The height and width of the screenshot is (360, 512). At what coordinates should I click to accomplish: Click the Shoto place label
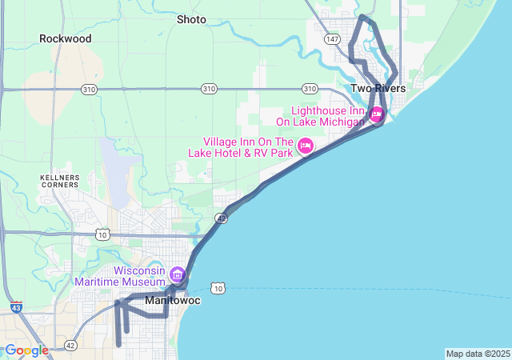click(191, 19)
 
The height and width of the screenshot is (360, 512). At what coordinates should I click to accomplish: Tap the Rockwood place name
click(66, 38)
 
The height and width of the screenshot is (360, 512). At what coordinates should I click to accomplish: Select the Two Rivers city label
click(378, 88)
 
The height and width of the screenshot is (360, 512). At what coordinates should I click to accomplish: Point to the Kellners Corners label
click(58, 180)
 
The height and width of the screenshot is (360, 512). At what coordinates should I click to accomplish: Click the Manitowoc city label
click(172, 302)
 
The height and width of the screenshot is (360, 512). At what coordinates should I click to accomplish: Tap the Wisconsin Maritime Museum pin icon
click(177, 274)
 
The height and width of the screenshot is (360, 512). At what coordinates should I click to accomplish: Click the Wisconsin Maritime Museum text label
click(119, 276)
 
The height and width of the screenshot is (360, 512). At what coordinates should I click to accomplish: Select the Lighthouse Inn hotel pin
click(376, 115)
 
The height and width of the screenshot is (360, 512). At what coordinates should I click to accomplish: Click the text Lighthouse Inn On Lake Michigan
click(320, 116)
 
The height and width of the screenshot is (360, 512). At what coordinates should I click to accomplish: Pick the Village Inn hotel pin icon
click(305, 146)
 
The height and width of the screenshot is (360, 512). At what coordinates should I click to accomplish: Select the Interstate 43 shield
click(17, 307)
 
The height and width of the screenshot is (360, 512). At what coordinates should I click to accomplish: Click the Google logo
click(26, 350)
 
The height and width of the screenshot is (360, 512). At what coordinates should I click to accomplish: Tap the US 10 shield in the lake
click(218, 288)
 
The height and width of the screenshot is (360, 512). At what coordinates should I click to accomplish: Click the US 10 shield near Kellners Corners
click(102, 234)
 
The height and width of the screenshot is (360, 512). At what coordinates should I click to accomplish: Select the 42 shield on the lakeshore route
click(222, 217)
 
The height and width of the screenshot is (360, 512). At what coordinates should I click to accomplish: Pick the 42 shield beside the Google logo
click(71, 345)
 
